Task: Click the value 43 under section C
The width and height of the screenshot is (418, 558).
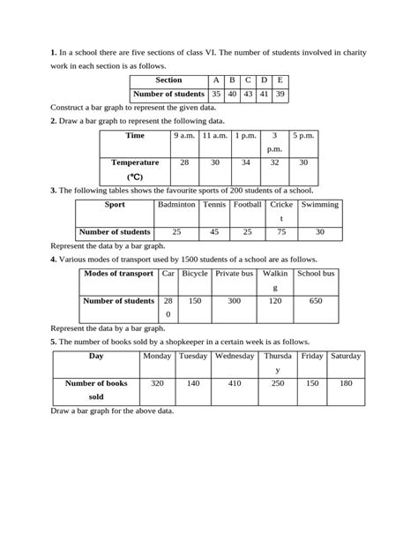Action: point(248,94)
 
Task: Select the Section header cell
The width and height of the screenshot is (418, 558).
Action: point(168,79)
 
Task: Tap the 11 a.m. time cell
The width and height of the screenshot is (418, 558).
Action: point(215,135)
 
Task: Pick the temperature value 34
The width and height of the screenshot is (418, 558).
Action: point(246,162)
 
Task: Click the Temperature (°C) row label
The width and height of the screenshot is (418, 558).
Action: point(135,170)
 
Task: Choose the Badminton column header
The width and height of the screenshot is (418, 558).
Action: point(176,204)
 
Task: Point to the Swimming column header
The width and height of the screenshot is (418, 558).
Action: point(319,204)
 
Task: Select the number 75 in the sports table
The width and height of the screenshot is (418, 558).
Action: point(281,231)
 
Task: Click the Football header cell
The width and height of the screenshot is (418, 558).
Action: point(248,204)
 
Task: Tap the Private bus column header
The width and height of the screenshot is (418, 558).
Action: point(235,274)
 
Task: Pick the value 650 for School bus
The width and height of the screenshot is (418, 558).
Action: point(316,300)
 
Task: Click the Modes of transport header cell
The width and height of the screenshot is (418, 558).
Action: point(118,274)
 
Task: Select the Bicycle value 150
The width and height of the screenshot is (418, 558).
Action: point(194,300)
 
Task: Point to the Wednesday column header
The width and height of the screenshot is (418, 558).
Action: point(234,356)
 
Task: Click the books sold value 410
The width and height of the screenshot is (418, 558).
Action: point(234,383)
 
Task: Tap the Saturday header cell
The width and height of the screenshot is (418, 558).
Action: point(346,356)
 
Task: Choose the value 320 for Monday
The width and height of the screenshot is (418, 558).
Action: point(157,383)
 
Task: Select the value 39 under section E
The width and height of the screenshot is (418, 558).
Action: point(280,94)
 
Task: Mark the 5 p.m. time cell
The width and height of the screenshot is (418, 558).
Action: point(303,135)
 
